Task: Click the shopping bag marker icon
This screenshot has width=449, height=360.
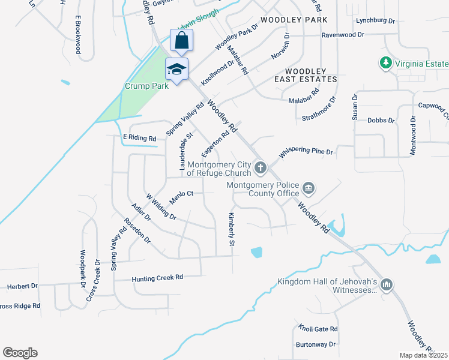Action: click(182, 41)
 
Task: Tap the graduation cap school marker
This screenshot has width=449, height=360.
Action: click(176, 69)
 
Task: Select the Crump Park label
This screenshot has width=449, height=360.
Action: click(146, 86)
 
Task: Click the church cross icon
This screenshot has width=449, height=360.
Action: click(260, 167)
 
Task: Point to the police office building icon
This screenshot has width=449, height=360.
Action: click(308, 189)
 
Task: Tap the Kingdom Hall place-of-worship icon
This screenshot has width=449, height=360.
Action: click(386, 284)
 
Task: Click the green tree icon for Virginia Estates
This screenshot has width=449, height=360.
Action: click(385, 62)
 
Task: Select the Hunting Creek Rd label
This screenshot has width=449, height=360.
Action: click(157, 278)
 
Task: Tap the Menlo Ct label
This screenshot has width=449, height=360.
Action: click(181, 194)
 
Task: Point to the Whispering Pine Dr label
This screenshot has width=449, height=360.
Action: click(305, 153)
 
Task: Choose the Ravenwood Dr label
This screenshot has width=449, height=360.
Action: click(343, 35)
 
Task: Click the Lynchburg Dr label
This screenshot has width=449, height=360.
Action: click(375, 20)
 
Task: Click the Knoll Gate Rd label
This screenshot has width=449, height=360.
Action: click(318, 329)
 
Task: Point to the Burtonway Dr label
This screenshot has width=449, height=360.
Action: click(316, 344)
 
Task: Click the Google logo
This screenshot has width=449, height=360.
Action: click(20, 353)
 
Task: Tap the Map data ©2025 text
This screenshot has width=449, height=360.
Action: click(423, 355)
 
